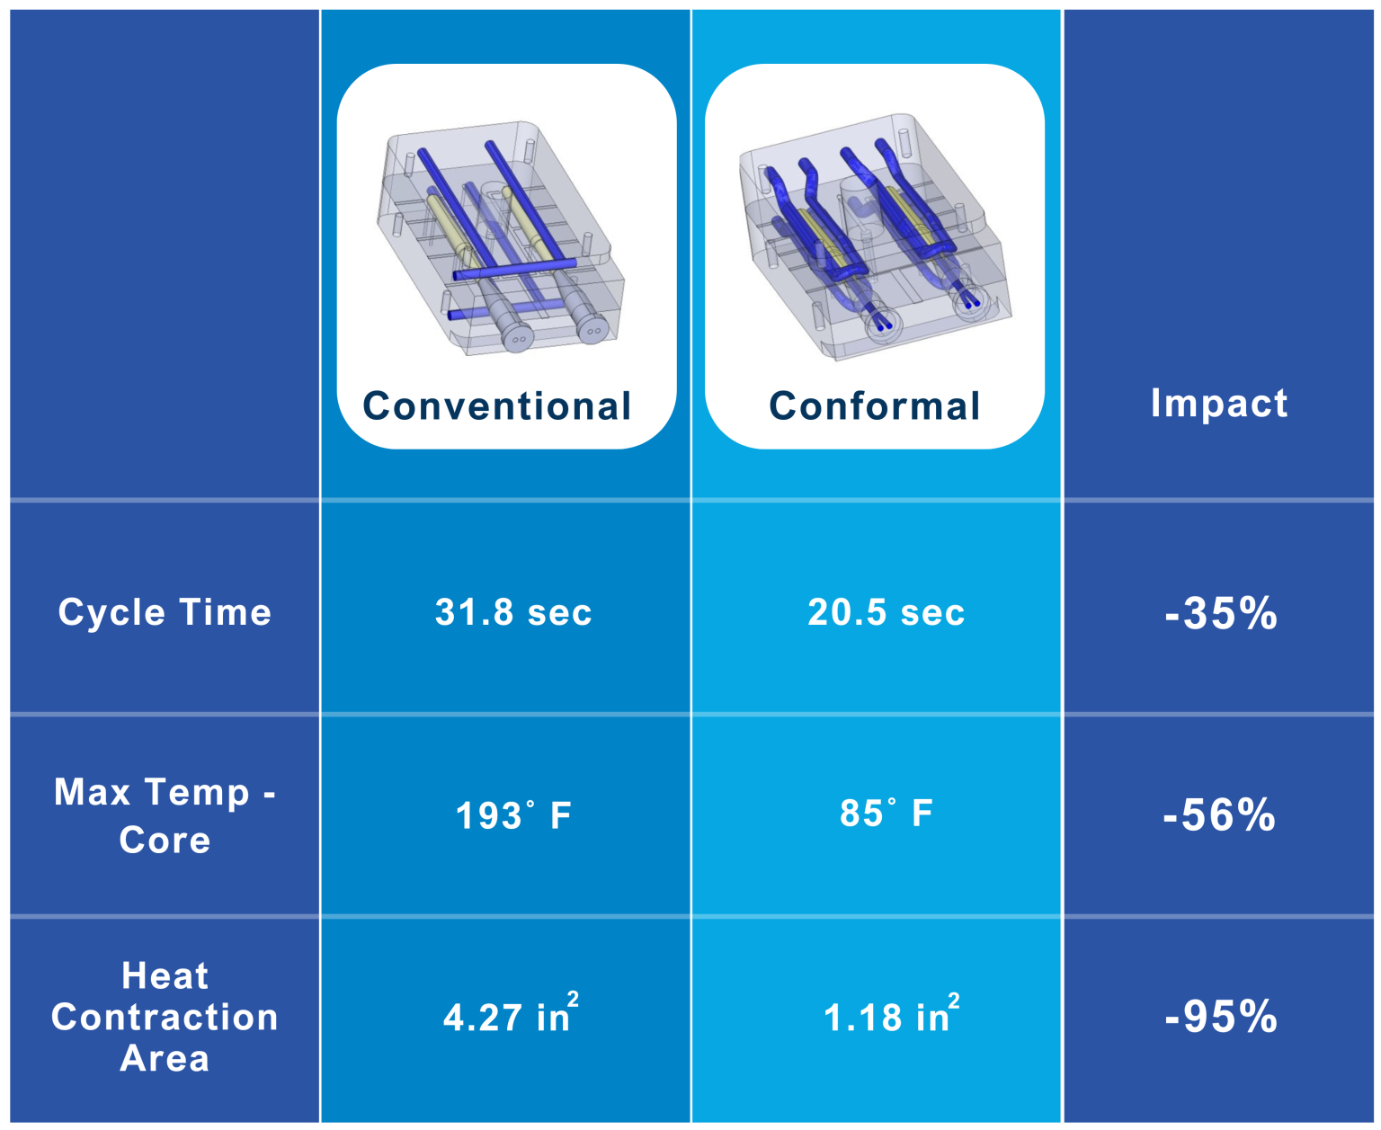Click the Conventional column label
click(x=497, y=406)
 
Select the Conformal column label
click(x=874, y=406)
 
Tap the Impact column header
click(x=1218, y=403)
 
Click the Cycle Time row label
click(x=165, y=612)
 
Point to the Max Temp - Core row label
click(x=165, y=815)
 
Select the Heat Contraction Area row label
click(x=165, y=1017)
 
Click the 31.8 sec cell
click(x=513, y=612)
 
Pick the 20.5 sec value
click(x=886, y=612)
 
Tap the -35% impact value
click(x=1220, y=614)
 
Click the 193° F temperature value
click(x=512, y=815)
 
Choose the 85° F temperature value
click(x=886, y=813)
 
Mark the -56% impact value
click(x=1218, y=815)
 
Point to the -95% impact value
click(x=1220, y=1017)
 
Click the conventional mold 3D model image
click(x=499, y=238)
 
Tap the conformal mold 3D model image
click(x=874, y=238)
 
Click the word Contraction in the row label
click(x=165, y=1017)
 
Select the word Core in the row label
click(x=165, y=840)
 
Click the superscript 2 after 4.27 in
click(x=573, y=1000)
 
